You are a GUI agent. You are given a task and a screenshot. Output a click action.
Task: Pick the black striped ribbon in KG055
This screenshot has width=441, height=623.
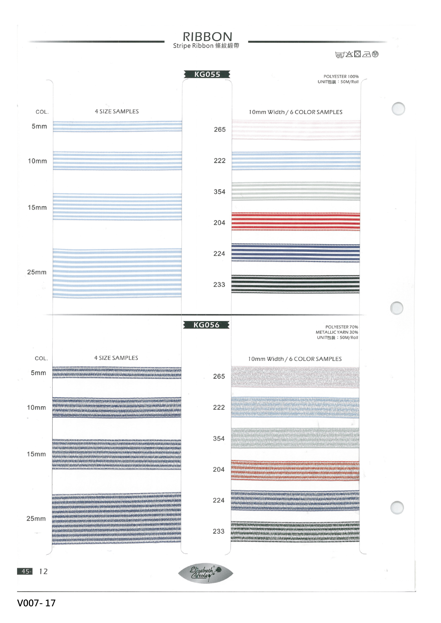tap(295, 284)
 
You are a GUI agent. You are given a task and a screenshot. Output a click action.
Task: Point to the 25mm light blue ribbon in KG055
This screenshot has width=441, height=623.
tap(117, 273)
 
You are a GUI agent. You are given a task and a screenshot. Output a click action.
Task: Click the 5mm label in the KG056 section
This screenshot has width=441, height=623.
tap(38, 373)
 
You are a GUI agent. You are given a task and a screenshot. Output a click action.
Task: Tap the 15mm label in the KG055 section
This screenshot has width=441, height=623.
tap(37, 207)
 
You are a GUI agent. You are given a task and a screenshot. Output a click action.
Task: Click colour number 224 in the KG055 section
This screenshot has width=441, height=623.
tap(219, 254)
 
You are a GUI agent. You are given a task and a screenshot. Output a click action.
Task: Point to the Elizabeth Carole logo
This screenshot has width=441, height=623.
tap(206, 573)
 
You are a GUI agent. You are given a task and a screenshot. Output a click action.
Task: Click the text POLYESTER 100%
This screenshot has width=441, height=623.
tap(341, 77)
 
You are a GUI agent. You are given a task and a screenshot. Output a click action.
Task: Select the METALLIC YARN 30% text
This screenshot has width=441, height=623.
tap(337, 332)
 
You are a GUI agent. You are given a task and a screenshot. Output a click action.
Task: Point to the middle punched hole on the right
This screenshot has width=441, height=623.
tap(397, 308)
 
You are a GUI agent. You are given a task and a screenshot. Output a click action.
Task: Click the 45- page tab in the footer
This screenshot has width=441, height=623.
tap(25, 571)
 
